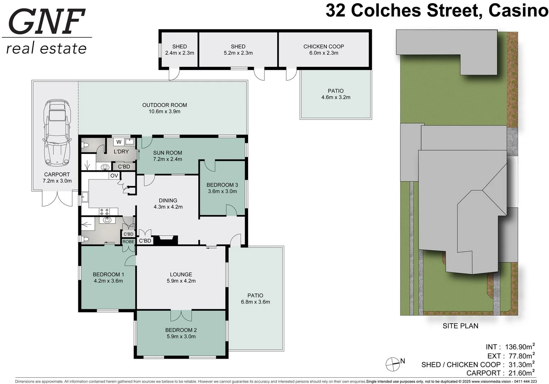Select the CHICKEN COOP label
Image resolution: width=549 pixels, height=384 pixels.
323,47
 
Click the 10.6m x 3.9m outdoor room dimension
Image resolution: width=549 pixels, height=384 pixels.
165,112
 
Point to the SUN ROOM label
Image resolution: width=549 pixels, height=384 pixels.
167,153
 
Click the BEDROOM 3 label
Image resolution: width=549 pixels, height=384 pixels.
222,185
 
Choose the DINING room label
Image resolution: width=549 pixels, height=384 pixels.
168,201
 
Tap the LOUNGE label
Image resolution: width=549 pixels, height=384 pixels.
181,274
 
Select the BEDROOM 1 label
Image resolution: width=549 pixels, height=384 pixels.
108,274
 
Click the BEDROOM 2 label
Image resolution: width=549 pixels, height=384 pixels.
181,330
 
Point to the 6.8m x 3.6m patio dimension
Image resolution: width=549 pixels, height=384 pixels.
255,302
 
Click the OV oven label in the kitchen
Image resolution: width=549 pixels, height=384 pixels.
114,176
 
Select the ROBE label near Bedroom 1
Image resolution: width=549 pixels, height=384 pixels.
128,242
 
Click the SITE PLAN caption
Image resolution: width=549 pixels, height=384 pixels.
460,326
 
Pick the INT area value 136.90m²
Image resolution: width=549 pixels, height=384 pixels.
520,347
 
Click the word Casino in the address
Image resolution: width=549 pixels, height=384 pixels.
518,11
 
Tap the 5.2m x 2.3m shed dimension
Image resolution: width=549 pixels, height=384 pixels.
238,53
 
